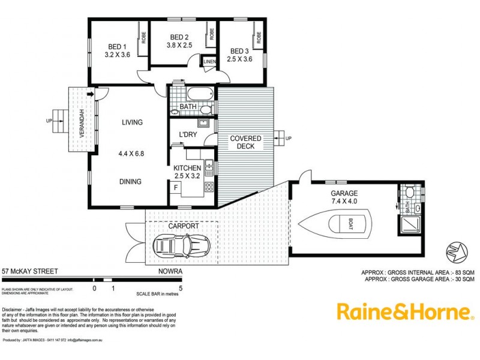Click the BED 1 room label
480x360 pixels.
[x=117, y=47]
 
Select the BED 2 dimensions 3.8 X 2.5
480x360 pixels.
[x=179, y=45]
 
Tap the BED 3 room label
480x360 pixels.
[x=239, y=51]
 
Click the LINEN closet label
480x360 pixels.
[x=209, y=62]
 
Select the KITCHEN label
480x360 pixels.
[x=187, y=168]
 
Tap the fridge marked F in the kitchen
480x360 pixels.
[x=175, y=187]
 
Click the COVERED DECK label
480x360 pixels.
[x=245, y=142]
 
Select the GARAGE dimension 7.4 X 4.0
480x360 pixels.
[x=344, y=202]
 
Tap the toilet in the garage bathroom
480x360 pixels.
[x=409, y=193]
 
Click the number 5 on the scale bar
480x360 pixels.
[x=180, y=288]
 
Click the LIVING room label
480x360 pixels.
[x=132, y=122]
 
